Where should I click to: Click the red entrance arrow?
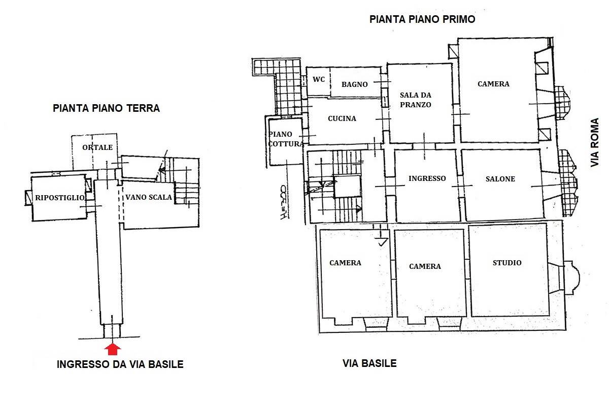pyautogui.click(x=113, y=349)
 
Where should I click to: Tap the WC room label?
pyautogui.click(x=319, y=79)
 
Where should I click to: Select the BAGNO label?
pyautogui.click(x=355, y=84)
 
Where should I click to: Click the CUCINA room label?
pyautogui.click(x=342, y=118)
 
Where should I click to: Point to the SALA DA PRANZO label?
pyautogui.click(x=416, y=100)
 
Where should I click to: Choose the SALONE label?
pyautogui.click(x=500, y=179)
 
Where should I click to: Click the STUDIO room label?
pyautogui.click(x=507, y=263)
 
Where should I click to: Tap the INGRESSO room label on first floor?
pyautogui.click(x=427, y=178)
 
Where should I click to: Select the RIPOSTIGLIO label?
pyautogui.click(x=60, y=198)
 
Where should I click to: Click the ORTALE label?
pyautogui.click(x=97, y=147)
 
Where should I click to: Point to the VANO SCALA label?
pyautogui.click(x=149, y=197)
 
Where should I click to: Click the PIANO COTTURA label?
pyautogui.click(x=286, y=139)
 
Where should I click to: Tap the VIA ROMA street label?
pyautogui.click(x=595, y=142)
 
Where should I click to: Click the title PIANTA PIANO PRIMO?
pyautogui.click(x=422, y=19)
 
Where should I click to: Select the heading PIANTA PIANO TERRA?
pyautogui.click(x=106, y=108)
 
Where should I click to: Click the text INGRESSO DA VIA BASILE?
pyautogui.click(x=120, y=364)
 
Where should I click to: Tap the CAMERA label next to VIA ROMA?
pyautogui.click(x=493, y=84)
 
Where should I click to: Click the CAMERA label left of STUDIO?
pyautogui.click(x=425, y=266)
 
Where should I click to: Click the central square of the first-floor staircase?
pyautogui.click(x=347, y=186)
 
